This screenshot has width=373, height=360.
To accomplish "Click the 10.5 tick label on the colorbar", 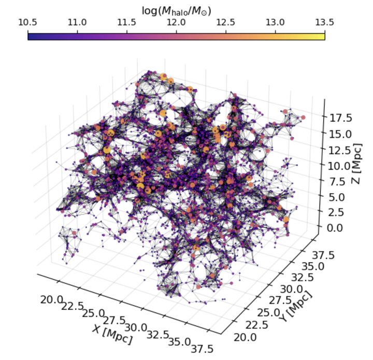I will point(28,22).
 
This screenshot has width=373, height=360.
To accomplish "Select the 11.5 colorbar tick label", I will point(127,22).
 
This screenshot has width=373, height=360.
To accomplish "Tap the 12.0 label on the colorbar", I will point(177,22).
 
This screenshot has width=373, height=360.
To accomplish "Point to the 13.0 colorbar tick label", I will point(276,22).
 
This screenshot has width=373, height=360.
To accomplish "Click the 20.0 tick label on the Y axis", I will point(245,338).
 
